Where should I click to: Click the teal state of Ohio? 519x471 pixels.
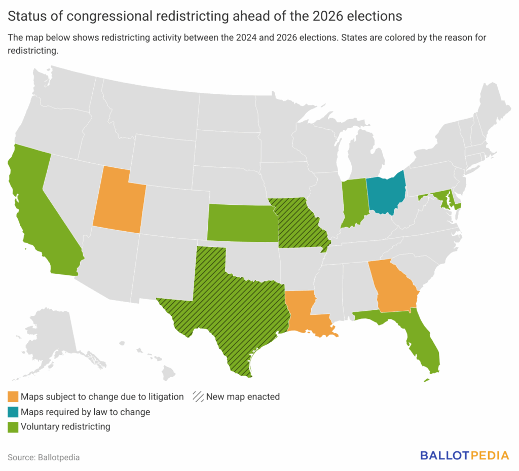point(387,195)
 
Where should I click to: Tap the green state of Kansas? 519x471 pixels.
point(242,223)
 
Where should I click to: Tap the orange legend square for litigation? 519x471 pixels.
point(13,396)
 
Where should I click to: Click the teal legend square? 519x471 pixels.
point(13,412)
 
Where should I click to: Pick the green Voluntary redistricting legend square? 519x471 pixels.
point(13,427)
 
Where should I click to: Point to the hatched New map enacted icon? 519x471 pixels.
point(198,396)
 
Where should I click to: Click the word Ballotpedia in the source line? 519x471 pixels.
point(59,457)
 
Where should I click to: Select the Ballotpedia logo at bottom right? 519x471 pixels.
point(464,455)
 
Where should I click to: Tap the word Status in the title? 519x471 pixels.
point(25,16)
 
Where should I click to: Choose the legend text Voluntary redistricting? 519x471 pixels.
point(65,427)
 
